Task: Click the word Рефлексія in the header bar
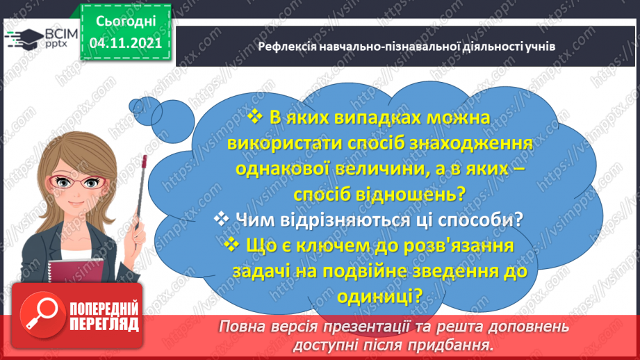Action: (286, 47)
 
